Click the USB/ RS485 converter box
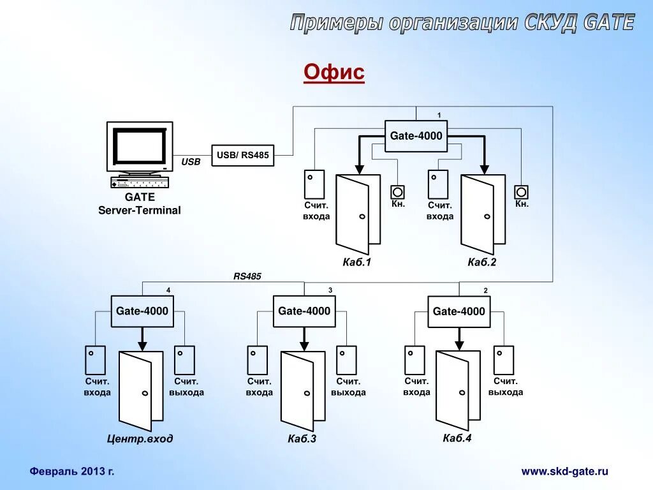click(243, 155)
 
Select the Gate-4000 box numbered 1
click(416, 136)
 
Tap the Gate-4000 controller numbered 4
click(142, 311)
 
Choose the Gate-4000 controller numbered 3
click(304, 311)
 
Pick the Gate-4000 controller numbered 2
click(459, 311)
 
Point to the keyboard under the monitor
click(140, 182)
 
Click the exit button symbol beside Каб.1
click(398, 191)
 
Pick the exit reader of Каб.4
click(504, 360)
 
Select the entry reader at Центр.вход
click(95, 360)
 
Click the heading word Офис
click(334, 72)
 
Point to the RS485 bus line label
click(247, 276)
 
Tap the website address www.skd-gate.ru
click(564, 471)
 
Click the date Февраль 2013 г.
click(72, 471)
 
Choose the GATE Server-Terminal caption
click(139, 204)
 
